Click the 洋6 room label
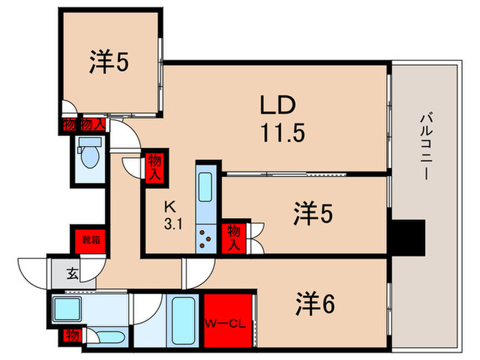[315, 302]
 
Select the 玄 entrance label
[72, 274]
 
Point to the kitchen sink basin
[206, 186]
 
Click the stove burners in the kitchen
[205, 238]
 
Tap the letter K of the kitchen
[169, 206]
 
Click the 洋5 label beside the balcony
[313, 215]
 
